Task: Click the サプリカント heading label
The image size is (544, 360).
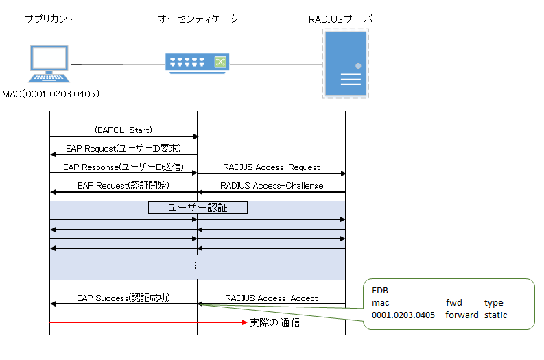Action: point(49,19)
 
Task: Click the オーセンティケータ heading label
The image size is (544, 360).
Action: point(198,19)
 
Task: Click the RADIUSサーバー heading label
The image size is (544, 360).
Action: point(346,19)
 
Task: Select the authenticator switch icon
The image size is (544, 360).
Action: point(198,62)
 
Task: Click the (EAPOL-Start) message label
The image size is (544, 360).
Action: point(123,129)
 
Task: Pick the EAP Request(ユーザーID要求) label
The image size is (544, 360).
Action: point(123,148)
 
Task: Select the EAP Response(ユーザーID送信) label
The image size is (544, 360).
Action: point(123,167)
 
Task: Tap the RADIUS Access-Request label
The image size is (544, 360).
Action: point(271,167)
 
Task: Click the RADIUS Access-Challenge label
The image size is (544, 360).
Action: point(271,185)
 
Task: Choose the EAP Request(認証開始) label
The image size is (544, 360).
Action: point(123,185)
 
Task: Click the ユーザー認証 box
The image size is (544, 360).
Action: point(198,207)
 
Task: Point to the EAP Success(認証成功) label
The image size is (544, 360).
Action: point(123,298)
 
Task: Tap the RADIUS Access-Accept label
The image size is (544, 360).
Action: point(271,298)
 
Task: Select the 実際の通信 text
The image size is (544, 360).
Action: point(274,322)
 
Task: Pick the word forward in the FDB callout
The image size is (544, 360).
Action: point(461,315)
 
